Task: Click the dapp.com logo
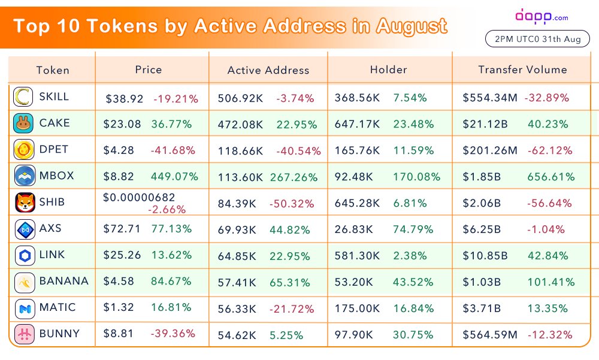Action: click(x=541, y=16)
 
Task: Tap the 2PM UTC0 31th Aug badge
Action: click(x=537, y=40)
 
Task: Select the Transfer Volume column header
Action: click(x=522, y=69)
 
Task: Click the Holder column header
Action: click(x=389, y=69)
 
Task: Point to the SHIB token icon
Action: click(x=25, y=202)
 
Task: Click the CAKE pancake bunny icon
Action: click(x=25, y=123)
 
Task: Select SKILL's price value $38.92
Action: click(x=125, y=98)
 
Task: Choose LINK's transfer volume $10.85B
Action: click(x=485, y=256)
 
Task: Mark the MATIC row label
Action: click(x=58, y=307)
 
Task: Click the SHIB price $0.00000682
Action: click(x=138, y=198)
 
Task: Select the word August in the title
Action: click(x=411, y=26)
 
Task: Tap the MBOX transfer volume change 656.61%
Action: click(x=550, y=177)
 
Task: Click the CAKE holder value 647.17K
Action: click(x=359, y=125)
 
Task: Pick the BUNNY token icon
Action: click(x=25, y=334)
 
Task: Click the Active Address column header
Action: click(x=268, y=70)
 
